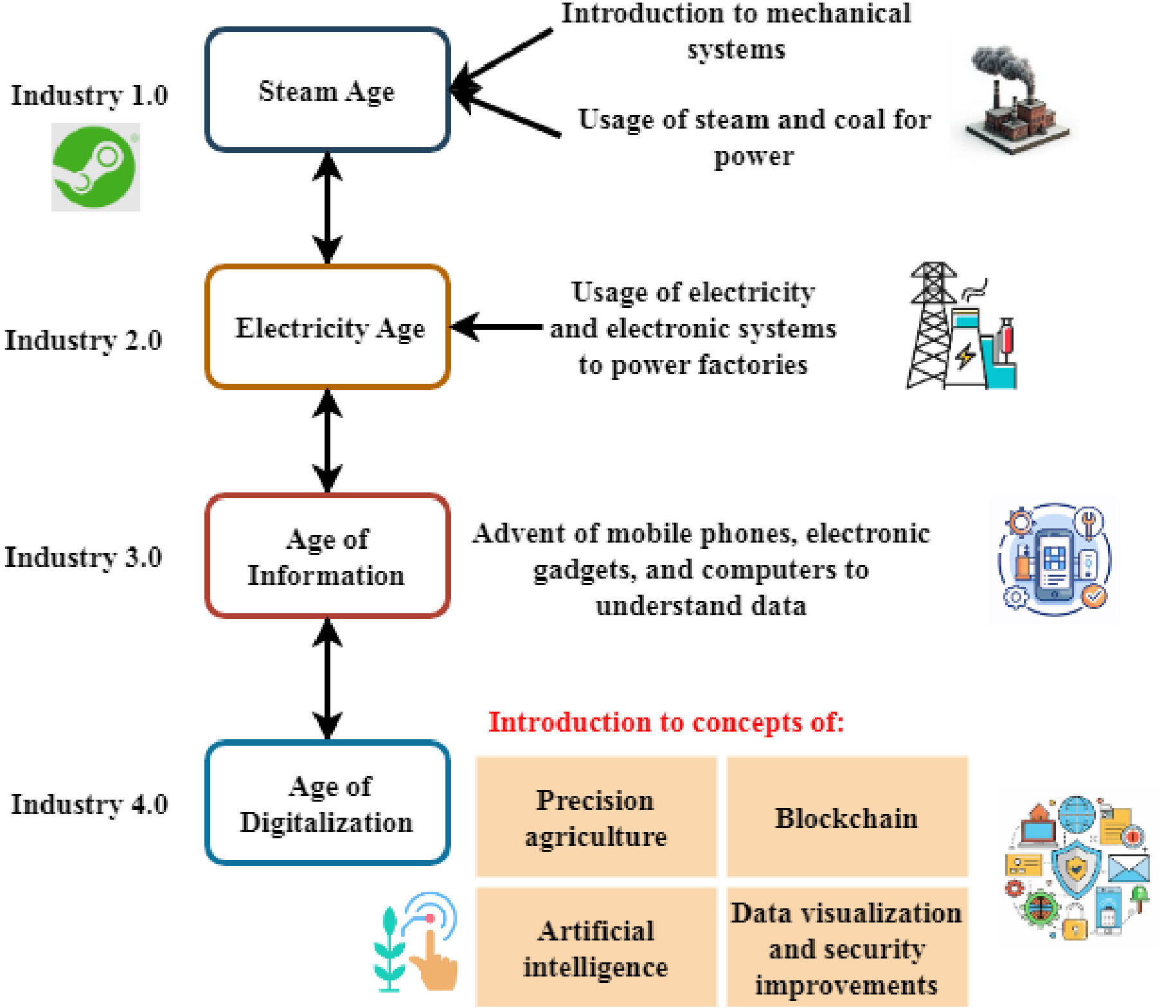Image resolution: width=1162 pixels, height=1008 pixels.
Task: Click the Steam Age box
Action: click(327, 89)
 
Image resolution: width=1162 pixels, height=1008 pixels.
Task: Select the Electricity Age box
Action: click(327, 327)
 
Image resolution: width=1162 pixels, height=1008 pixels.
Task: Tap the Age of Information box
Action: click(327, 556)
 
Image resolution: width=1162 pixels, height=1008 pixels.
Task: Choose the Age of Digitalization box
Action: click(327, 803)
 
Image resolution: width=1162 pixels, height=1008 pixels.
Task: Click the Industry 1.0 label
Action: click(89, 96)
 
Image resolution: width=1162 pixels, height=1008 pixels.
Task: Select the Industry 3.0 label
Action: click(84, 557)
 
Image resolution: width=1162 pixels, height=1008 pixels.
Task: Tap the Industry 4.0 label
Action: click(89, 804)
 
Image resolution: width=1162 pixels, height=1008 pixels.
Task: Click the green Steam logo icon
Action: click(96, 167)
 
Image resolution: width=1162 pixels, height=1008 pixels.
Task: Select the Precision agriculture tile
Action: click(596, 817)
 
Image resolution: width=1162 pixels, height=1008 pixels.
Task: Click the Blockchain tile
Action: click(847, 817)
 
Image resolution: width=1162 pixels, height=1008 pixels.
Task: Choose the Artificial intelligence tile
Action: click(596, 948)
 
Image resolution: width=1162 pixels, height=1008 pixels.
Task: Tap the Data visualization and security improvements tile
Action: click(847, 948)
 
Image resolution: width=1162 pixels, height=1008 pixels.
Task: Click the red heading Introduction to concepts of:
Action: click(666, 723)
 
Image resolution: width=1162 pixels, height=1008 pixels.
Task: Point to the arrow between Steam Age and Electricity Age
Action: click(327, 208)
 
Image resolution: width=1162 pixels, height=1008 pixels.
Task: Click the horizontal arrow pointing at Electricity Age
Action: click(497, 327)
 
